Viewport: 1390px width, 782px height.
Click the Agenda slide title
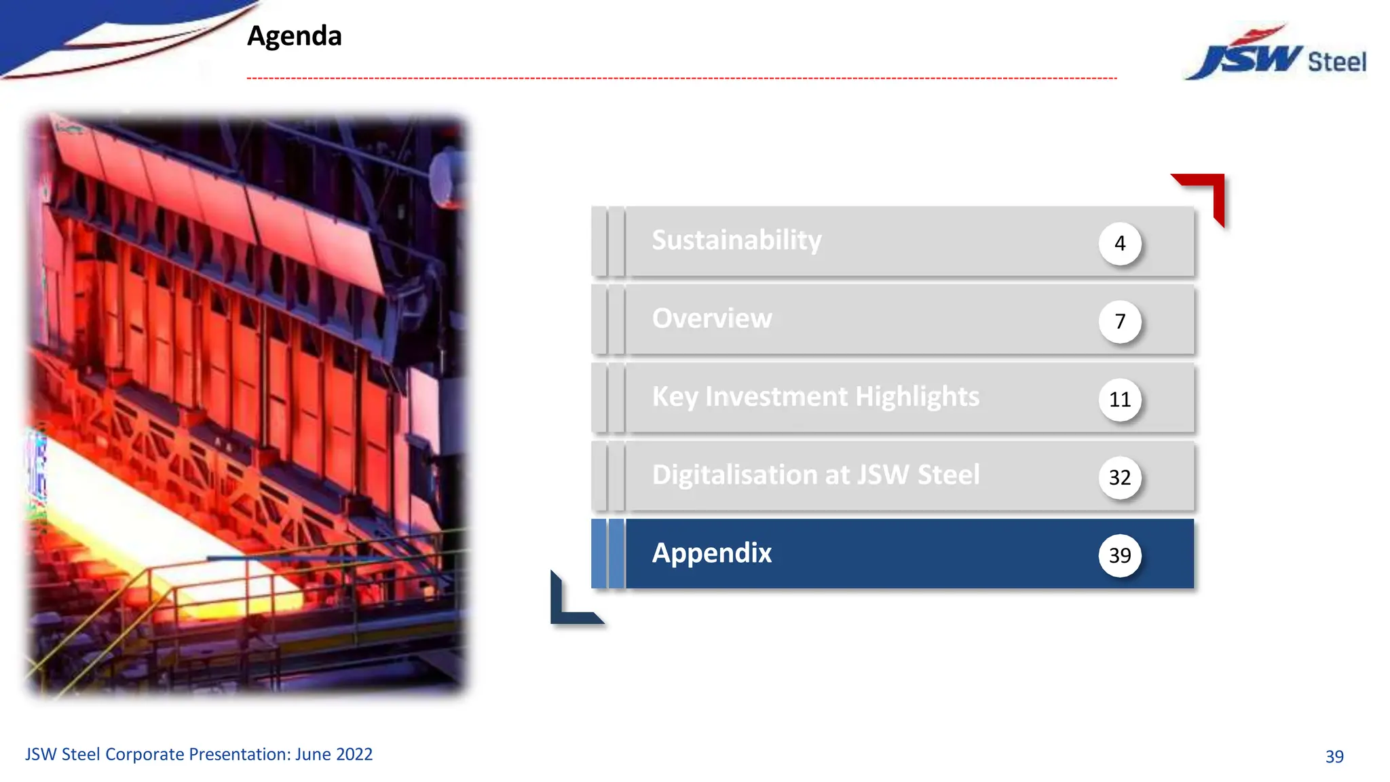point(294,36)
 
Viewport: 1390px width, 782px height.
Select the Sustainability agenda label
point(736,240)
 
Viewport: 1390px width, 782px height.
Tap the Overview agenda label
point(711,318)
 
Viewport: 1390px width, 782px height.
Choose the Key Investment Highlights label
point(815,396)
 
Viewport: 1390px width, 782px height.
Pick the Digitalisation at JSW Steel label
point(815,474)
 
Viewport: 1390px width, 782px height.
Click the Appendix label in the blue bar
point(711,553)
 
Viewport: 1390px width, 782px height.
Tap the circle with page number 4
point(1119,243)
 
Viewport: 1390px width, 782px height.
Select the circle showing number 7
point(1119,321)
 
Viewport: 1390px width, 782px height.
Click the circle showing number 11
point(1119,399)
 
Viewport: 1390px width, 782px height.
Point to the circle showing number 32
point(1119,477)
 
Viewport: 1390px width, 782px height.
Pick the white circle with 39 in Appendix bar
point(1119,555)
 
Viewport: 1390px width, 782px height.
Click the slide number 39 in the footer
point(1334,756)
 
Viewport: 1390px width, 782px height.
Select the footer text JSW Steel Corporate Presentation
point(198,754)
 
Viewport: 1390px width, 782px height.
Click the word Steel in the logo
point(1336,62)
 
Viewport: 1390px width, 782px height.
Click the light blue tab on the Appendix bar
point(616,553)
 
